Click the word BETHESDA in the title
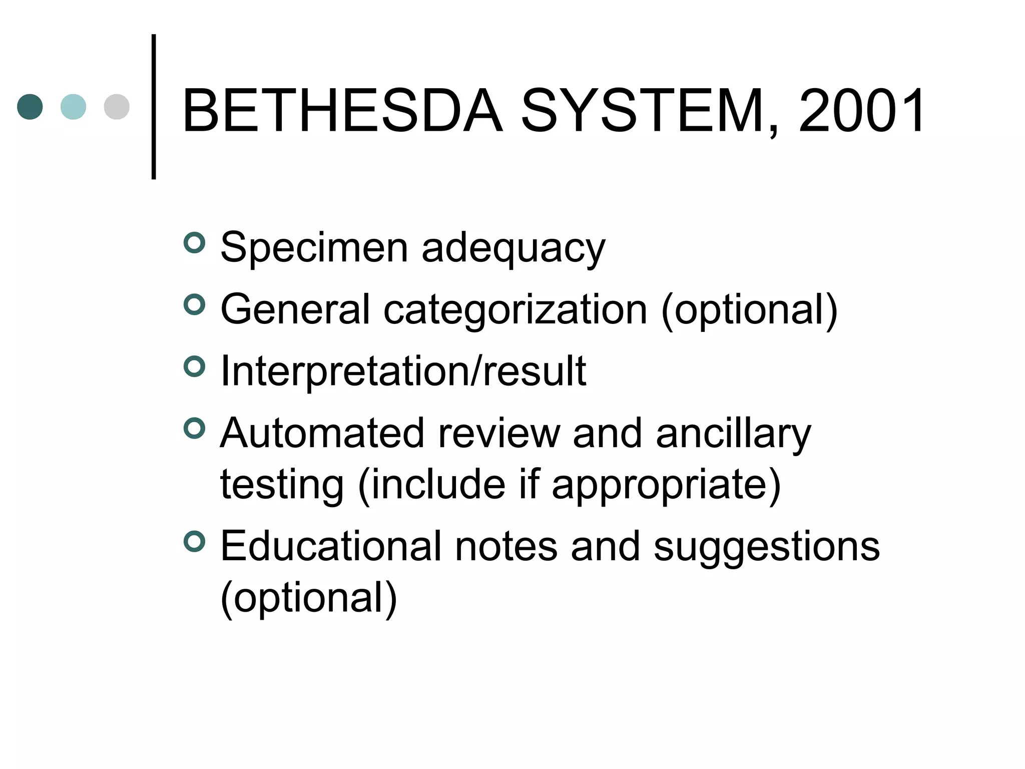pos(342,111)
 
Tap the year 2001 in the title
pos(861,111)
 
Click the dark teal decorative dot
pos(30,107)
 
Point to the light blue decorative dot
pos(73,107)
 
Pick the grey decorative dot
pos(117,107)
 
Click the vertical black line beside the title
pos(154,107)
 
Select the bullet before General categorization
pos(195,305)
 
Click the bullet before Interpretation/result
pos(195,367)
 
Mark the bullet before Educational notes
pos(195,542)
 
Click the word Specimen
pos(314,247)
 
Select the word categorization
pos(516,310)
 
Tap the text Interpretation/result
pos(403,371)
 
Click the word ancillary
pos(733,434)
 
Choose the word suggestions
pos(766,547)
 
